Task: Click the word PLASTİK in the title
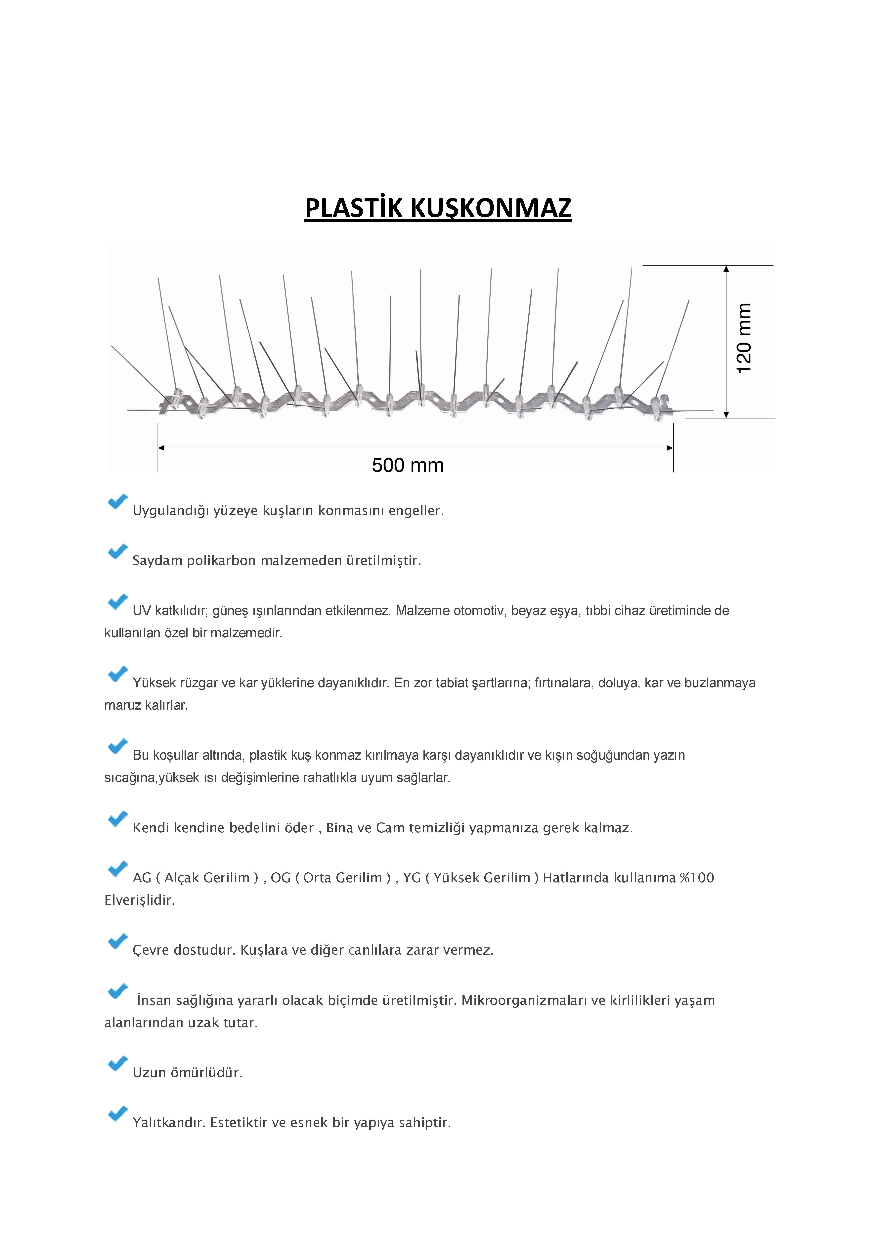tap(354, 208)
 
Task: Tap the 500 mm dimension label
tap(408, 465)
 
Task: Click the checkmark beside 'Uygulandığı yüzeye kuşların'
tap(117, 501)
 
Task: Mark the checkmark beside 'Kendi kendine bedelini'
tap(117, 819)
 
